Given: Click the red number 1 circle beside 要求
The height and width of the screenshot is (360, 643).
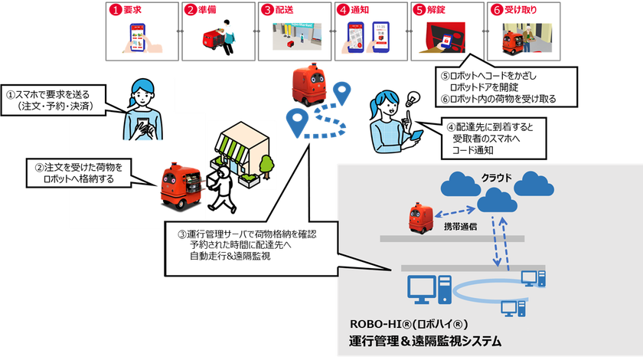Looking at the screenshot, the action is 116,10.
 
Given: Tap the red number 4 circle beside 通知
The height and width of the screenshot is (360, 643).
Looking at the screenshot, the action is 344,10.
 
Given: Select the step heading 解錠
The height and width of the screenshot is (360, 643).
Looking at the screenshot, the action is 436,9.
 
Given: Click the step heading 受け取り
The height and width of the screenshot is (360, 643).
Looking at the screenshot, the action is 521,9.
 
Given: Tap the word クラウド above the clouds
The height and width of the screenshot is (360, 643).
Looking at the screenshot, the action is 496,178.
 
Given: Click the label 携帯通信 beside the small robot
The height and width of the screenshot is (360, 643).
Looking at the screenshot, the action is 460,227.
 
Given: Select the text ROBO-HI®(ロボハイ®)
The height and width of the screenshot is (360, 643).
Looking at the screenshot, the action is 409,324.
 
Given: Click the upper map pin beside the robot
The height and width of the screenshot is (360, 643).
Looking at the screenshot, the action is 341,93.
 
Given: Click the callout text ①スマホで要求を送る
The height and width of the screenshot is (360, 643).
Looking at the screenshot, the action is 47,95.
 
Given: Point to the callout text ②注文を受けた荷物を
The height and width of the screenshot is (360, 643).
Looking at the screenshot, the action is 79,168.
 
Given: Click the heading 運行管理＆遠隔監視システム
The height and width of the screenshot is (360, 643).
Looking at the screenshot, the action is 426,341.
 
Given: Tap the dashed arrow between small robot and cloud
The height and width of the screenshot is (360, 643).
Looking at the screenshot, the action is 455,212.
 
